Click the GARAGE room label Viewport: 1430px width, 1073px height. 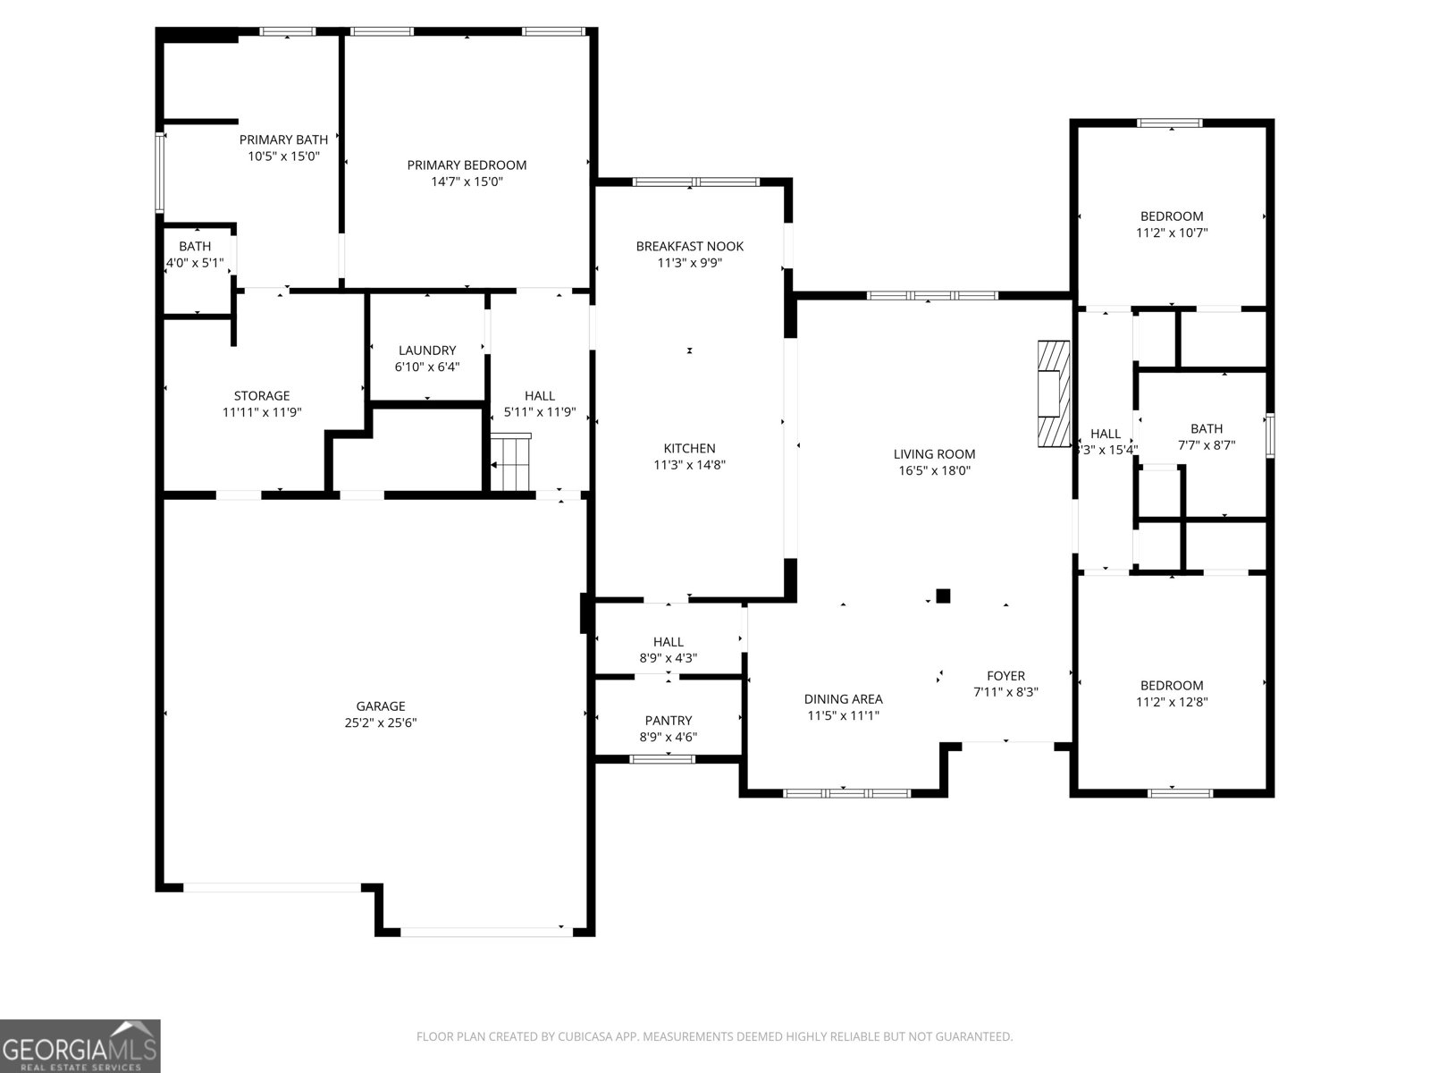coord(381,706)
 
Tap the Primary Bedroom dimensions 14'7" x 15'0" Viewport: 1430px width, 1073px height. coord(467,182)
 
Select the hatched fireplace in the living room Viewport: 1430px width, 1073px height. coord(1054,393)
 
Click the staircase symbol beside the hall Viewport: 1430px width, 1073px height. coord(511,462)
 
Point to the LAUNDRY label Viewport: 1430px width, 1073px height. coord(427,351)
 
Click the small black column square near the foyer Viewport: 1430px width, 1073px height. coord(943,596)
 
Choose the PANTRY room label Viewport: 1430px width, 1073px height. coord(669,721)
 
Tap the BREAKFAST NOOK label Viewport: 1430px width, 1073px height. coord(689,246)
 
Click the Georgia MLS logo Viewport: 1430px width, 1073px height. coord(80,1046)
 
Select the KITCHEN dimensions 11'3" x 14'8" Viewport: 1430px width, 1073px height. coord(689,465)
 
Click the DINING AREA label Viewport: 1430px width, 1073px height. coord(843,699)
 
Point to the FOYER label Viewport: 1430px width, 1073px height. coord(1005,676)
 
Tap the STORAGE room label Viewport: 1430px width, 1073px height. coord(262,395)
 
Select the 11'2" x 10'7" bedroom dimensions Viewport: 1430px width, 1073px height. coord(1172,232)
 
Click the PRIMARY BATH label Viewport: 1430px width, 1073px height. coord(283,139)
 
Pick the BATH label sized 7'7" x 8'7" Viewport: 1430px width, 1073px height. coord(1206,428)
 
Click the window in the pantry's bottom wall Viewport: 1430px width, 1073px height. coord(662,759)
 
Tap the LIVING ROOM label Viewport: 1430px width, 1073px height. coord(934,453)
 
